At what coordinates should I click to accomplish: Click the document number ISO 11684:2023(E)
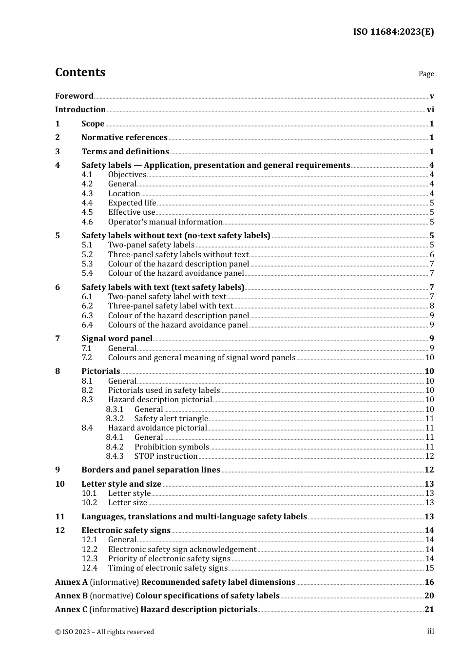[393, 32]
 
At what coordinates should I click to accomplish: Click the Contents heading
[80, 72]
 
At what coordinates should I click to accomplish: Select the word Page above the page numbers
[426, 74]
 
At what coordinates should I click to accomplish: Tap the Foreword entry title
[74, 96]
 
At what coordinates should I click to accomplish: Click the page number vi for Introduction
[430, 110]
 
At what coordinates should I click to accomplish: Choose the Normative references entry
[124, 138]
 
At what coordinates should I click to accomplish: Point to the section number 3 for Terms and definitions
[58, 152]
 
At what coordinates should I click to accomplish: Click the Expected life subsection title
[132, 203]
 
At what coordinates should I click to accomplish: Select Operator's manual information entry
[165, 222]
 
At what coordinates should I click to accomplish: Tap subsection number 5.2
[87, 255]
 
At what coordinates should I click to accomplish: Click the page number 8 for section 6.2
[431, 306]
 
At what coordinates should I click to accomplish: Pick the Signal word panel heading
[117, 339]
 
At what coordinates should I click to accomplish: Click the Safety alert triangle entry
[171, 419]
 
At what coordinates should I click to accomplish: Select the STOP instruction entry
[166, 456]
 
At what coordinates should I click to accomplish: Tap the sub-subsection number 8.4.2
[115, 447]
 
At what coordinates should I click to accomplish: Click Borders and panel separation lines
[151, 470]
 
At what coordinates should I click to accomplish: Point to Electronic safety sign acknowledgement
[182, 550]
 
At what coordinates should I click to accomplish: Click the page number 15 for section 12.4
[429, 568]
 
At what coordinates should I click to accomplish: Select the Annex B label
[71, 596]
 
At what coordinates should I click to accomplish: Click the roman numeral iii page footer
[430, 631]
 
